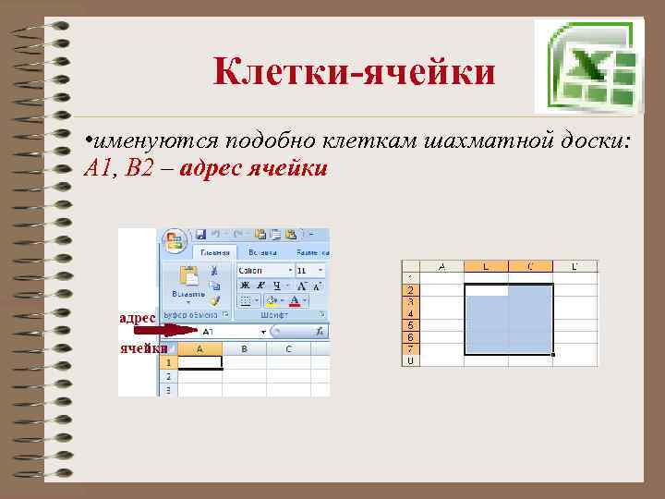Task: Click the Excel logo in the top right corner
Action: click(586, 65)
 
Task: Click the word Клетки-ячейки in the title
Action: click(355, 72)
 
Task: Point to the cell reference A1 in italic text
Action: click(95, 168)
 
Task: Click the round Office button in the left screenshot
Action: click(175, 241)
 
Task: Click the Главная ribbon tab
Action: click(213, 252)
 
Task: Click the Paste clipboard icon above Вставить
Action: click(189, 275)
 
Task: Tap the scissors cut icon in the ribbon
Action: click(214, 271)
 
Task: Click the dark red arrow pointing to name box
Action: click(164, 330)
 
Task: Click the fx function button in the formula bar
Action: click(320, 330)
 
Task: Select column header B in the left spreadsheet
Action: click(244, 349)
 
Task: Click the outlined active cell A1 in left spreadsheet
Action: click(199, 363)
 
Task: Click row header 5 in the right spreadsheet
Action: click(410, 325)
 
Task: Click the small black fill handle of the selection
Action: click(553, 354)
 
